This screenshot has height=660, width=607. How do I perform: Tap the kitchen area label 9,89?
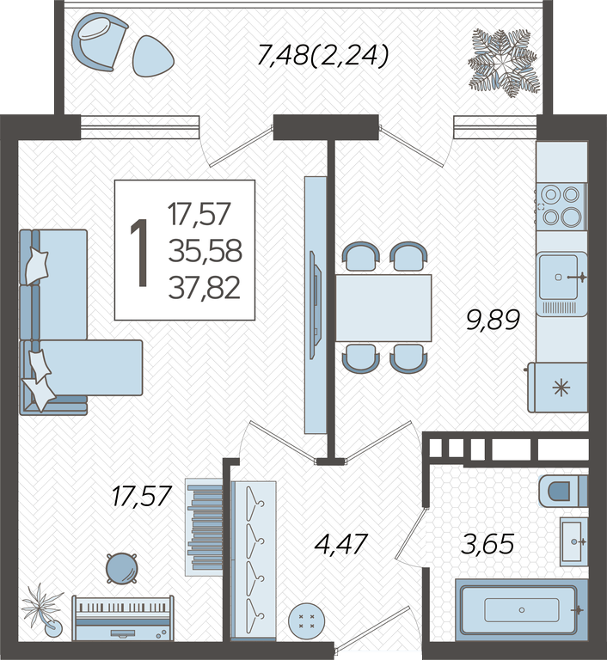(x=493, y=320)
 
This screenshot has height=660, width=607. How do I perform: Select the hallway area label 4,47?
(x=341, y=544)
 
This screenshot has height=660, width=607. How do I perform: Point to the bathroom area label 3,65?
(x=487, y=544)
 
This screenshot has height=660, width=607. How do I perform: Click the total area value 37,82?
(x=205, y=288)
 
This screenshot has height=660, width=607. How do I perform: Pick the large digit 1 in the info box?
(x=140, y=254)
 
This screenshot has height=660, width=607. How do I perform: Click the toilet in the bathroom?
(x=563, y=491)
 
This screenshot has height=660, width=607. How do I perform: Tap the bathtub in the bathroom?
(x=522, y=610)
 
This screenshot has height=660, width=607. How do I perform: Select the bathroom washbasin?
(x=573, y=541)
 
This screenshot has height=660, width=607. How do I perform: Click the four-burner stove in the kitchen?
(x=561, y=206)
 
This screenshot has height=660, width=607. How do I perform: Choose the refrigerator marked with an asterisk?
(x=558, y=388)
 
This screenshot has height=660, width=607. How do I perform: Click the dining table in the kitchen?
(x=383, y=308)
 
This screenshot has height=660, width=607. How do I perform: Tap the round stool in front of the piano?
(x=122, y=568)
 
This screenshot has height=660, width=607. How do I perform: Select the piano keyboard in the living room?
(x=123, y=618)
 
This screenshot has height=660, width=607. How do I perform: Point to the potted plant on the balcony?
(x=505, y=63)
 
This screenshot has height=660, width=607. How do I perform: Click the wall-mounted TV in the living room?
(x=316, y=305)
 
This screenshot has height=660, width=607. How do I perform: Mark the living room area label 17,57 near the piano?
(x=142, y=496)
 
